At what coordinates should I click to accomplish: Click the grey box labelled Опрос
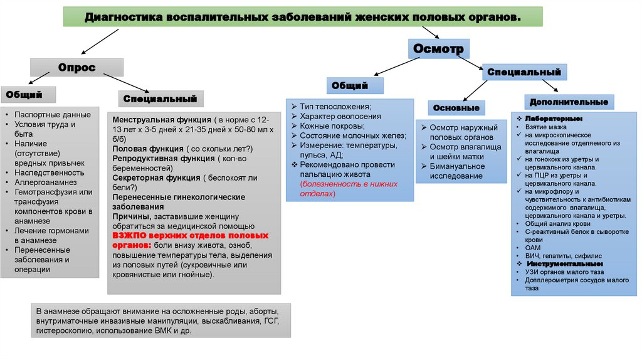click(77, 68)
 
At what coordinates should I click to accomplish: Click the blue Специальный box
click(524, 73)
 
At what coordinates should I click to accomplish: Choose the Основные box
click(456, 108)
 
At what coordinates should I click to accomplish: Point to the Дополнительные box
click(569, 102)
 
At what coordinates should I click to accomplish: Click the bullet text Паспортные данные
click(53, 115)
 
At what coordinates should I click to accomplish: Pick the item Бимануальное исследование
click(456, 171)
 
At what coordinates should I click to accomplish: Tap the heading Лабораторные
click(554, 119)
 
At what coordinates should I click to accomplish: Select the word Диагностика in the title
click(124, 17)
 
